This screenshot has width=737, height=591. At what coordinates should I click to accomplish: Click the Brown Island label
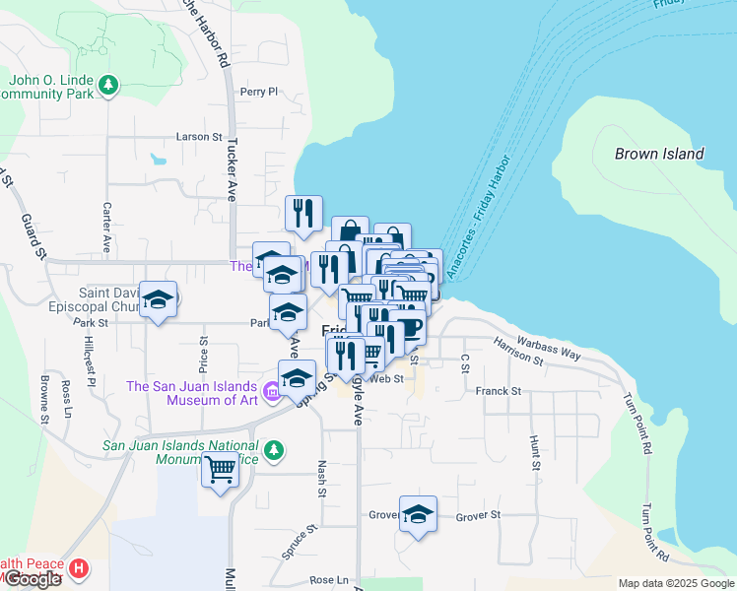coord(659,154)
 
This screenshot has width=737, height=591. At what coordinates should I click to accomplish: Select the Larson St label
coord(199,137)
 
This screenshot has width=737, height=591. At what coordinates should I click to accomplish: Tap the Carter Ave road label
coord(106,226)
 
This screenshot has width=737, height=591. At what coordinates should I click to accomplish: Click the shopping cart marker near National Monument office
coord(220,468)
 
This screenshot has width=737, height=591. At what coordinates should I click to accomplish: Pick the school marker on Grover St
coord(418,514)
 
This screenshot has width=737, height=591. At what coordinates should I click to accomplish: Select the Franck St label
coord(498,391)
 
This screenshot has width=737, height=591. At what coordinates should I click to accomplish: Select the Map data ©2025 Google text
coord(675,583)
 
